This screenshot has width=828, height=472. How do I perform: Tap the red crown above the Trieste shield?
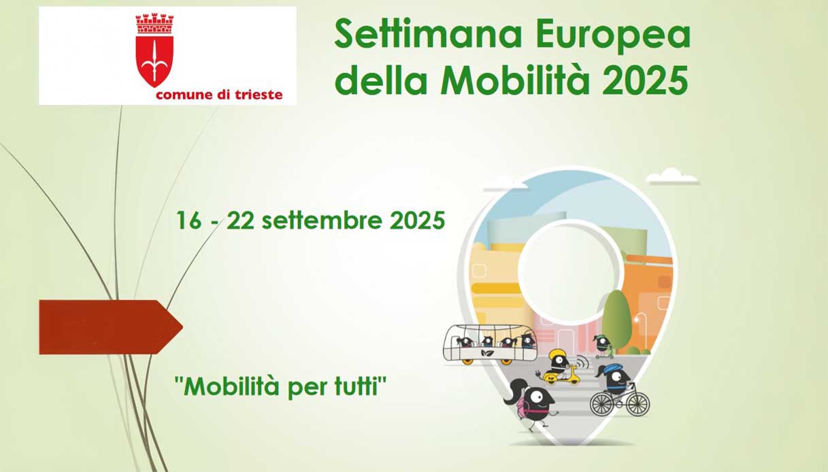(154, 24)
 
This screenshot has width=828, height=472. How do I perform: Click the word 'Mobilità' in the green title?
(515, 80)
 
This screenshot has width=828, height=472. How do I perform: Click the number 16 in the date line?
(189, 220)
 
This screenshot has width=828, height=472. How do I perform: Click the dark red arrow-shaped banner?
(111, 327)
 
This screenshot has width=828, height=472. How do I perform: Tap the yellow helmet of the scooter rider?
(557, 356)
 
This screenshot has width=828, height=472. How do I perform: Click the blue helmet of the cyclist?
(612, 368)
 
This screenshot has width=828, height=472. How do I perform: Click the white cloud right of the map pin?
(673, 177)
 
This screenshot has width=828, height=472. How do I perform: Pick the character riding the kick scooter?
(603, 346)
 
